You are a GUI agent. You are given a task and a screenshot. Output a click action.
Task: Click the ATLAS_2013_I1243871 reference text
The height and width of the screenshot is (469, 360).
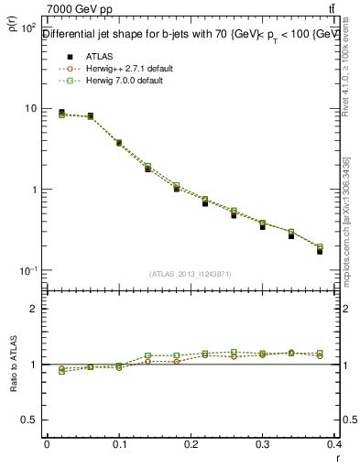(191, 274)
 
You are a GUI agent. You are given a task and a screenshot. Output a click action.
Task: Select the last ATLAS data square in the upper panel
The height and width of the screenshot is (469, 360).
(320, 251)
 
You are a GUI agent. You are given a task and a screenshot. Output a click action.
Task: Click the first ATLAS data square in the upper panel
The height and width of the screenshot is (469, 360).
(61, 113)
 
